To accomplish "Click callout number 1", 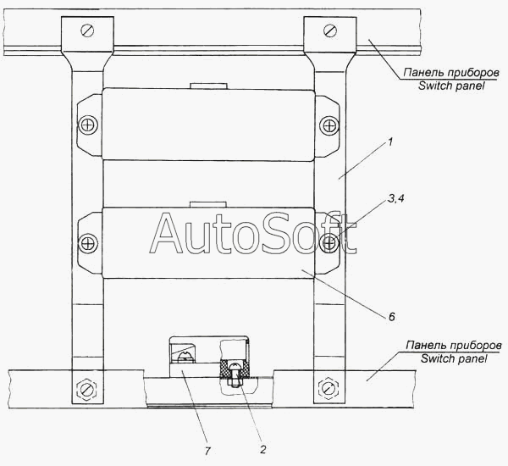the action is click(390, 142).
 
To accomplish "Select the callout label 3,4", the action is click(396, 198).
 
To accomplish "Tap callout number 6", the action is click(392, 317).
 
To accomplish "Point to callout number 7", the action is click(207, 451).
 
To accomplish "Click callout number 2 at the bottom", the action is click(262, 449).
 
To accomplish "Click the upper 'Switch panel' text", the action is click(451, 86).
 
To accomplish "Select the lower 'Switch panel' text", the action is click(454, 358).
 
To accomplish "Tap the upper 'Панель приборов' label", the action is click(451, 73).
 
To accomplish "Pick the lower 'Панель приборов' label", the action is click(454, 346).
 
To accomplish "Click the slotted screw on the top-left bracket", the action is click(87, 31).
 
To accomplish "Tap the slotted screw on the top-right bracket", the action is click(330, 31).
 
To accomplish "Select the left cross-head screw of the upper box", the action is click(88, 125).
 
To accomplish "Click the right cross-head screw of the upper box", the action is click(329, 125).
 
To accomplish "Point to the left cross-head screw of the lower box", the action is click(88, 243).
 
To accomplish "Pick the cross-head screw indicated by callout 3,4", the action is click(329, 243).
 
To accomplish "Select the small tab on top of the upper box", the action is click(208, 86).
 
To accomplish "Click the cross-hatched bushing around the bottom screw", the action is click(235, 369).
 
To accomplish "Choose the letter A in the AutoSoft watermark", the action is click(166, 233).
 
